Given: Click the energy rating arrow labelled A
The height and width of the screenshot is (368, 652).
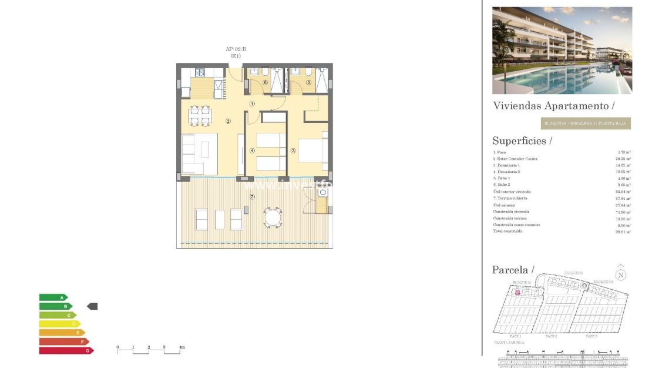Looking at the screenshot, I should pyautogui.click(x=53, y=297).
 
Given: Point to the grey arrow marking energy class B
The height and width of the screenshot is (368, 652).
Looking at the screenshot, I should pyautogui.click(x=92, y=306).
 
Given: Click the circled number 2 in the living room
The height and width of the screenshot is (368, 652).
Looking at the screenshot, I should pyautogui.click(x=228, y=122).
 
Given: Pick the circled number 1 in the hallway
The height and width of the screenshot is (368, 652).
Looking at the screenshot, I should pyautogui.click(x=252, y=104).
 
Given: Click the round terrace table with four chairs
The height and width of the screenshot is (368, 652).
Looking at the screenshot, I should pyautogui.click(x=273, y=218).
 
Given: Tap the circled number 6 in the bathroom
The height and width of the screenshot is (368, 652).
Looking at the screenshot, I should pyautogui.click(x=265, y=82).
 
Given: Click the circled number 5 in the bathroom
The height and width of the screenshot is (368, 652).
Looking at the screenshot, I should pyautogui.click(x=308, y=82).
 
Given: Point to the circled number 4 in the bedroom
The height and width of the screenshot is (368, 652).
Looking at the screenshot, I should pyautogui.click(x=252, y=150).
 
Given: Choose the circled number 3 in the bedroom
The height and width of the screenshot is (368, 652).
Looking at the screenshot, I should pyautogui.click(x=293, y=150).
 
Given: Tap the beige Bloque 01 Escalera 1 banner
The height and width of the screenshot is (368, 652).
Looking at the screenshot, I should pyautogui.click(x=586, y=123).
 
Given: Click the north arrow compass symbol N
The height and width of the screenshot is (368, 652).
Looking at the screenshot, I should pyautogui.click(x=621, y=275).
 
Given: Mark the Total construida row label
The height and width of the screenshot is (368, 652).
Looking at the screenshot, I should pyautogui.click(x=508, y=231).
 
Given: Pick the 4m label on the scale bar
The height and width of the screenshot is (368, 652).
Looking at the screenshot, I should pyautogui.click(x=182, y=347).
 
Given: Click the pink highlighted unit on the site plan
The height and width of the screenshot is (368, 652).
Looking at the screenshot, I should pyautogui.click(x=517, y=292).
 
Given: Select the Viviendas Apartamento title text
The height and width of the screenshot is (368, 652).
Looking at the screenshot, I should pyautogui.click(x=552, y=106).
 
